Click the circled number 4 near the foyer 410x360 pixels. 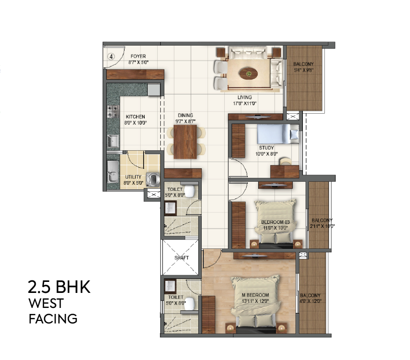[x=112, y=57]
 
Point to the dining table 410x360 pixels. [x=185, y=140]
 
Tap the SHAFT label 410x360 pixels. [x=181, y=258]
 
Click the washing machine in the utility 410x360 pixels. [x=153, y=178]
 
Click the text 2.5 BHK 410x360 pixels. [x=59, y=288]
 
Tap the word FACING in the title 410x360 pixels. [x=53, y=318]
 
